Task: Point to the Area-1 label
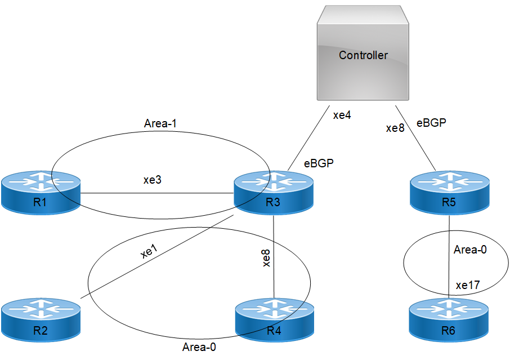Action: click(x=161, y=123)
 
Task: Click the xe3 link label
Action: click(x=153, y=180)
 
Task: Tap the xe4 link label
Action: click(x=342, y=115)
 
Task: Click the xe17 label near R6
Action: click(x=468, y=286)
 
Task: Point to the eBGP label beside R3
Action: click(x=319, y=164)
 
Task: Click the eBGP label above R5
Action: click(x=432, y=123)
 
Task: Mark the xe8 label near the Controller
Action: click(x=395, y=128)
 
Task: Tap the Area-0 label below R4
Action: click(x=199, y=346)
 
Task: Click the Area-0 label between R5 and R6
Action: click(x=470, y=249)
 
